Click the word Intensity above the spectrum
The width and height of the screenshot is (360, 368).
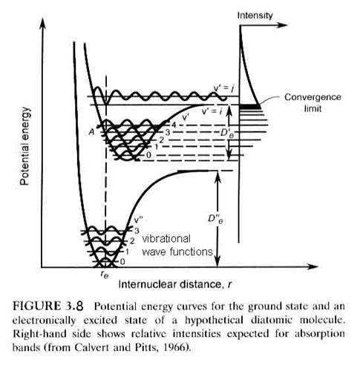coord(255,16)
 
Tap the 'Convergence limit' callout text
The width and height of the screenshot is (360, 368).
coord(312,102)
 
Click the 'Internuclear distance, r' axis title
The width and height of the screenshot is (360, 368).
coord(175,284)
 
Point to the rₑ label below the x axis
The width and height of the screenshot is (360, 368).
coord(105,275)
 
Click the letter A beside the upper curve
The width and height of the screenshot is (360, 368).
coord(92,132)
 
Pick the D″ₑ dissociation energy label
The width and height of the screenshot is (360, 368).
coord(215,219)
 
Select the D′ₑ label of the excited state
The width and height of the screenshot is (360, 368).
coord(227,134)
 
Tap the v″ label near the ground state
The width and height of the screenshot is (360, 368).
coord(138,220)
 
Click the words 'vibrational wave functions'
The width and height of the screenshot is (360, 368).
coord(177,246)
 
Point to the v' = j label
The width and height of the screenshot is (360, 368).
coord(223,89)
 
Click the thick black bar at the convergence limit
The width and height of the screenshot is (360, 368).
coord(250,107)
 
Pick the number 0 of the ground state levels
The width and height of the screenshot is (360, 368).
coord(122,262)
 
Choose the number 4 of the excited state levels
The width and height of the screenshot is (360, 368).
coord(174,125)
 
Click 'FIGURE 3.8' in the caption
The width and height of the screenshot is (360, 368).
coord(48,306)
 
